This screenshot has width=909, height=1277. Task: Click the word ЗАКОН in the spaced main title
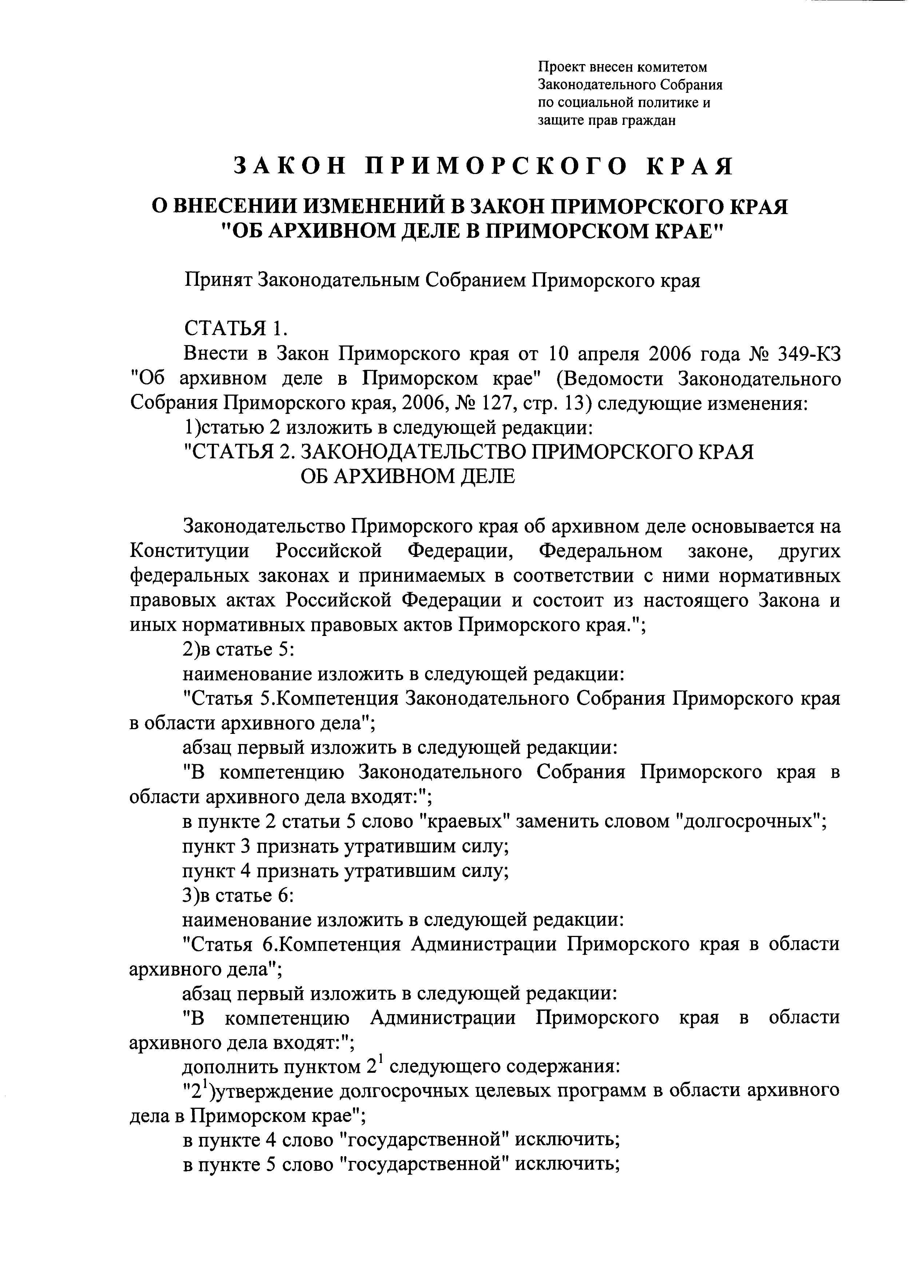point(289,167)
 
